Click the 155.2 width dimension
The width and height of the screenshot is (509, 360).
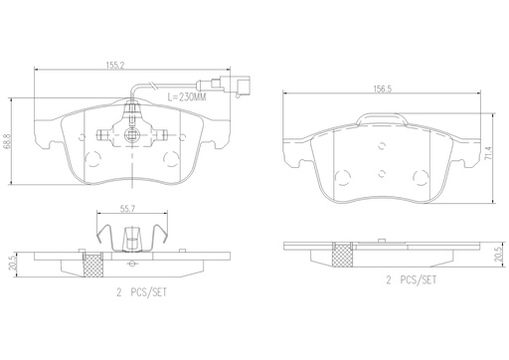point(115,66)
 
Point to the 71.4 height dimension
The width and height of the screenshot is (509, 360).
point(487,153)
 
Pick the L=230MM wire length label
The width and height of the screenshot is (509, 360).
point(187,96)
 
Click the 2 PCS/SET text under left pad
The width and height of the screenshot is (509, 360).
point(141,292)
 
